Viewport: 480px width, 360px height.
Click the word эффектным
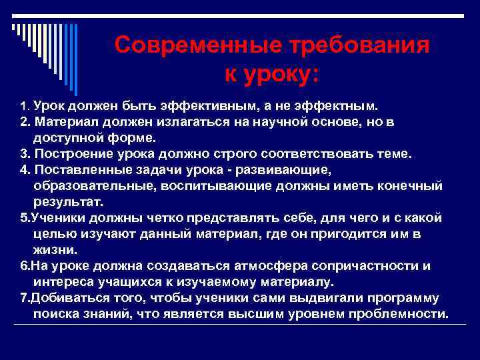point(340,105)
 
